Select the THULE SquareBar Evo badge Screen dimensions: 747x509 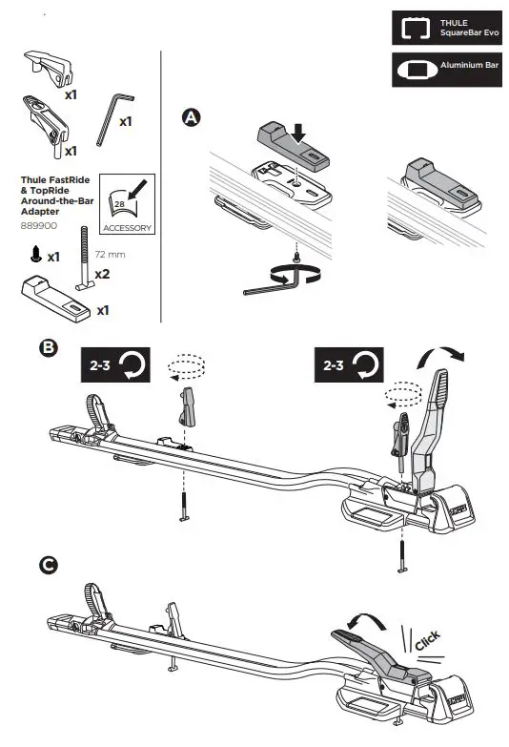tap(446, 28)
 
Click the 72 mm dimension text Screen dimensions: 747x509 tap(112, 256)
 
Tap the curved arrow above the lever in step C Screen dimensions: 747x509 tap(368, 621)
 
